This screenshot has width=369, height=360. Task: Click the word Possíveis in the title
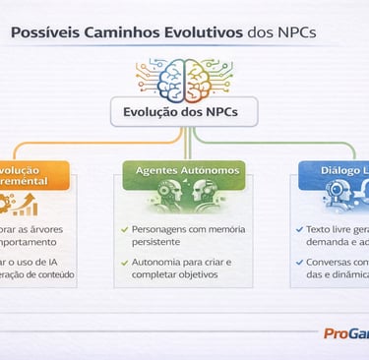(x=47, y=33)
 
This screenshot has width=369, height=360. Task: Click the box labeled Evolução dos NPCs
(x=184, y=111)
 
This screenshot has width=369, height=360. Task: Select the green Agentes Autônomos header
(x=184, y=170)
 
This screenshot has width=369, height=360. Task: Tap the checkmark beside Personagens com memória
(x=124, y=229)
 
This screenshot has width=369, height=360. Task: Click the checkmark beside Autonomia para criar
(x=124, y=263)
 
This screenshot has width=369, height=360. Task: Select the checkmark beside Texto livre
(x=299, y=229)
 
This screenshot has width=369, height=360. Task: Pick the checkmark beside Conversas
(x=299, y=263)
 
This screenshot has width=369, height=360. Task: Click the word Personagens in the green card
(x=160, y=229)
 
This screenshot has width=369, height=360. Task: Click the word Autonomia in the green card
(x=156, y=263)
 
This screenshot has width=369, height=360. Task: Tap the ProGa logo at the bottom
(x=345, y=333)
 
